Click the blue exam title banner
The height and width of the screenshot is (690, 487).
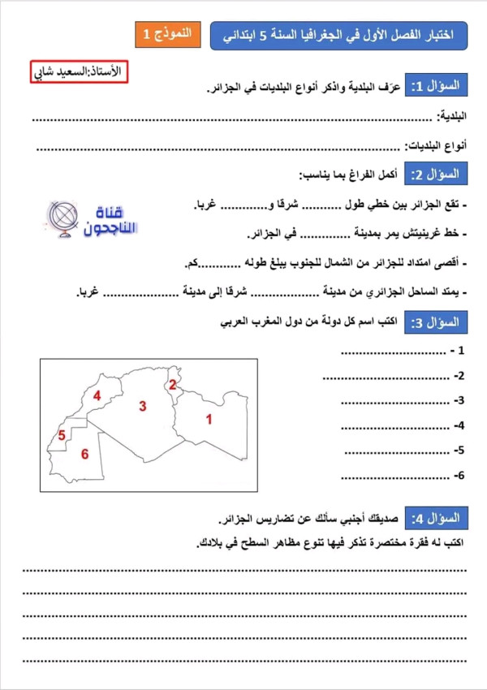[x=338, y=35]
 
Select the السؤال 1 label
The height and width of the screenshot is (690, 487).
[x=439, y=85]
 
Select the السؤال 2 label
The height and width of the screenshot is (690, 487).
[x=439, y=175]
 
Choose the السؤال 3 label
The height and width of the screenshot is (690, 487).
[x=439, y=322]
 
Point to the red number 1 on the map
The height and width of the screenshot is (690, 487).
[x=209, y=420]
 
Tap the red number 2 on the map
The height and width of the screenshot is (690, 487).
[x=172, y=385]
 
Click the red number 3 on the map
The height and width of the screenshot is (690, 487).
[x=142, y=406]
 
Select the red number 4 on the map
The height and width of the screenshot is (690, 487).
[x=96, y=396]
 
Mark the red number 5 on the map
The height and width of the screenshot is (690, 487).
[x=61, y=436]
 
